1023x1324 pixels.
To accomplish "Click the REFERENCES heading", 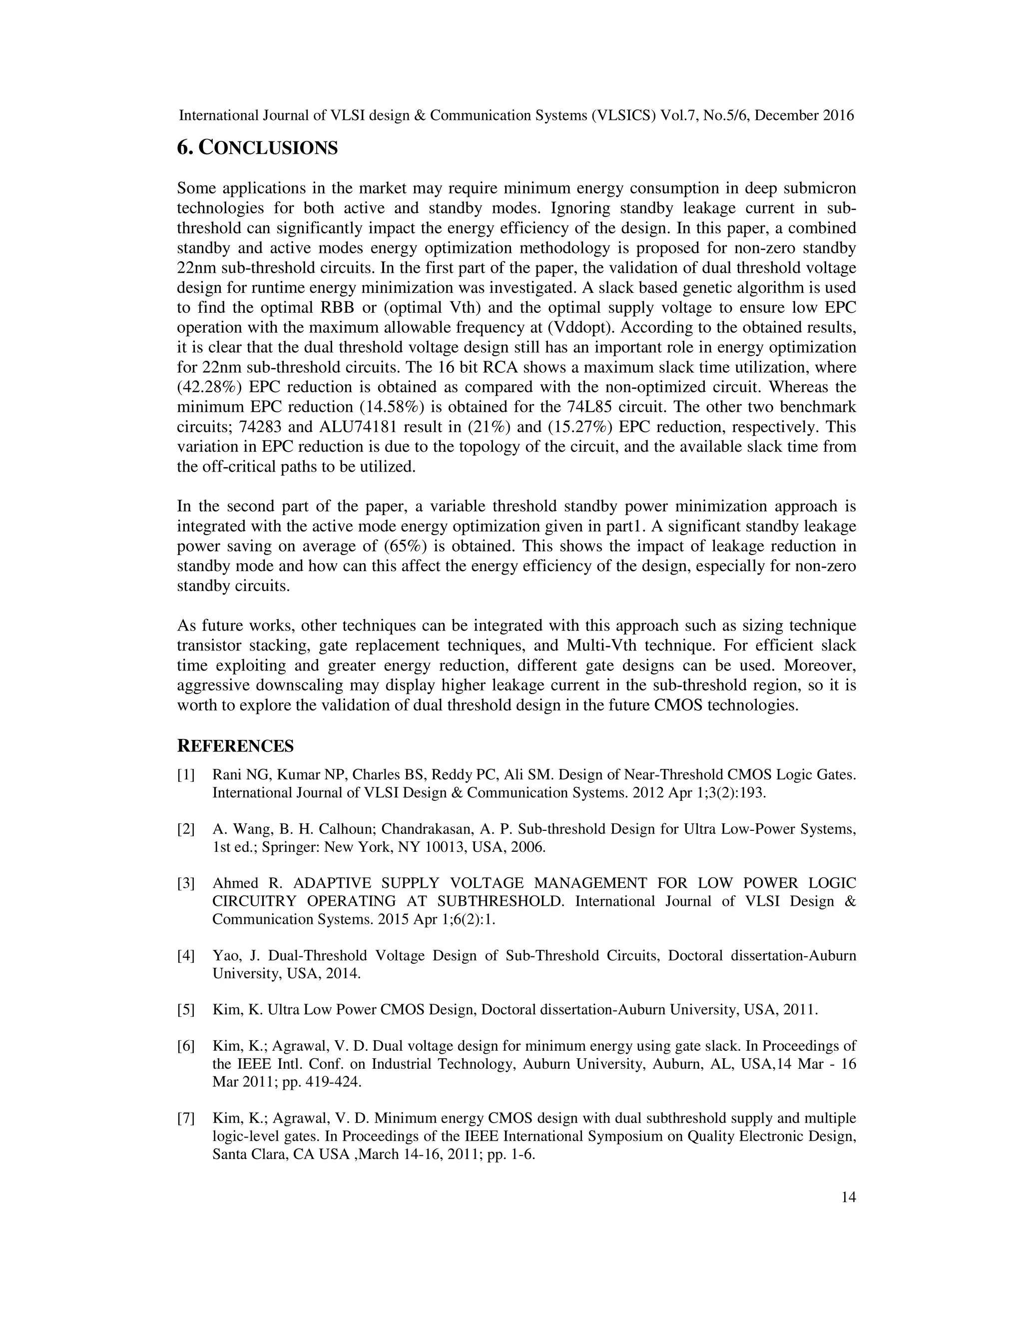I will point(235,746).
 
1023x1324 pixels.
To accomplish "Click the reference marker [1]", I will point(186,775).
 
